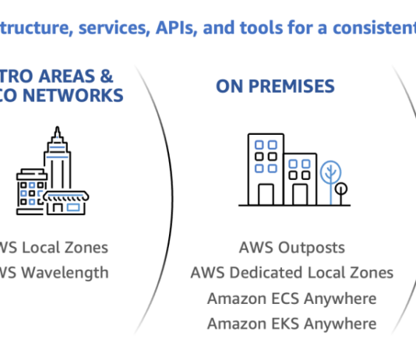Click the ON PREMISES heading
coord(275,86)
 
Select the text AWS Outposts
coord(291,248)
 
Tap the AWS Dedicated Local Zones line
coord(291,273)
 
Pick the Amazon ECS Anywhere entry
coord(291,298)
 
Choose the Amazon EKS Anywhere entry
coord(291,323)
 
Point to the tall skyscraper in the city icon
coord(57,164)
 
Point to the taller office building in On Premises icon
coord(265,168)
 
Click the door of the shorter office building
coord(300,193)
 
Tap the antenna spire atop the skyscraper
coord(56,131)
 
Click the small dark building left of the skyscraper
coord(30,191)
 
